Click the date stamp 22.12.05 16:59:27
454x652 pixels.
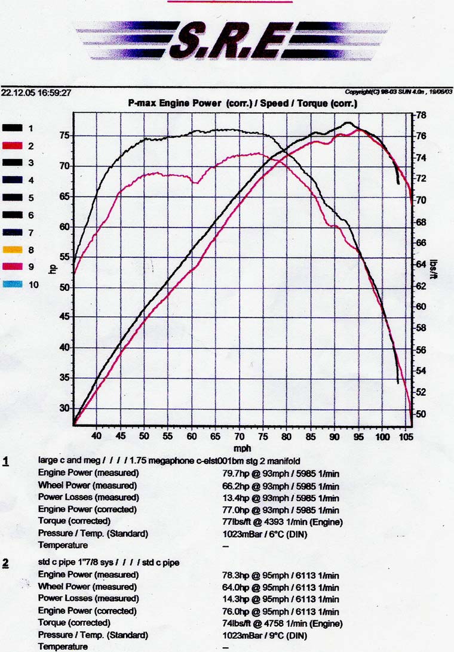coord(36,93)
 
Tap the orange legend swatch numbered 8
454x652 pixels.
coord(13,250)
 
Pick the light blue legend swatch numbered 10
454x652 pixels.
coord(13,285)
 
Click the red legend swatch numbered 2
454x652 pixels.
coord(13,146)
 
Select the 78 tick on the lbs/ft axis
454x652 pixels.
coord(421,115)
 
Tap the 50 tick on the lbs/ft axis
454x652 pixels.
coord(421,414)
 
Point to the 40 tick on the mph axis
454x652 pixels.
coord(97,436)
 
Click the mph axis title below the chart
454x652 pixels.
coord(242,448)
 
